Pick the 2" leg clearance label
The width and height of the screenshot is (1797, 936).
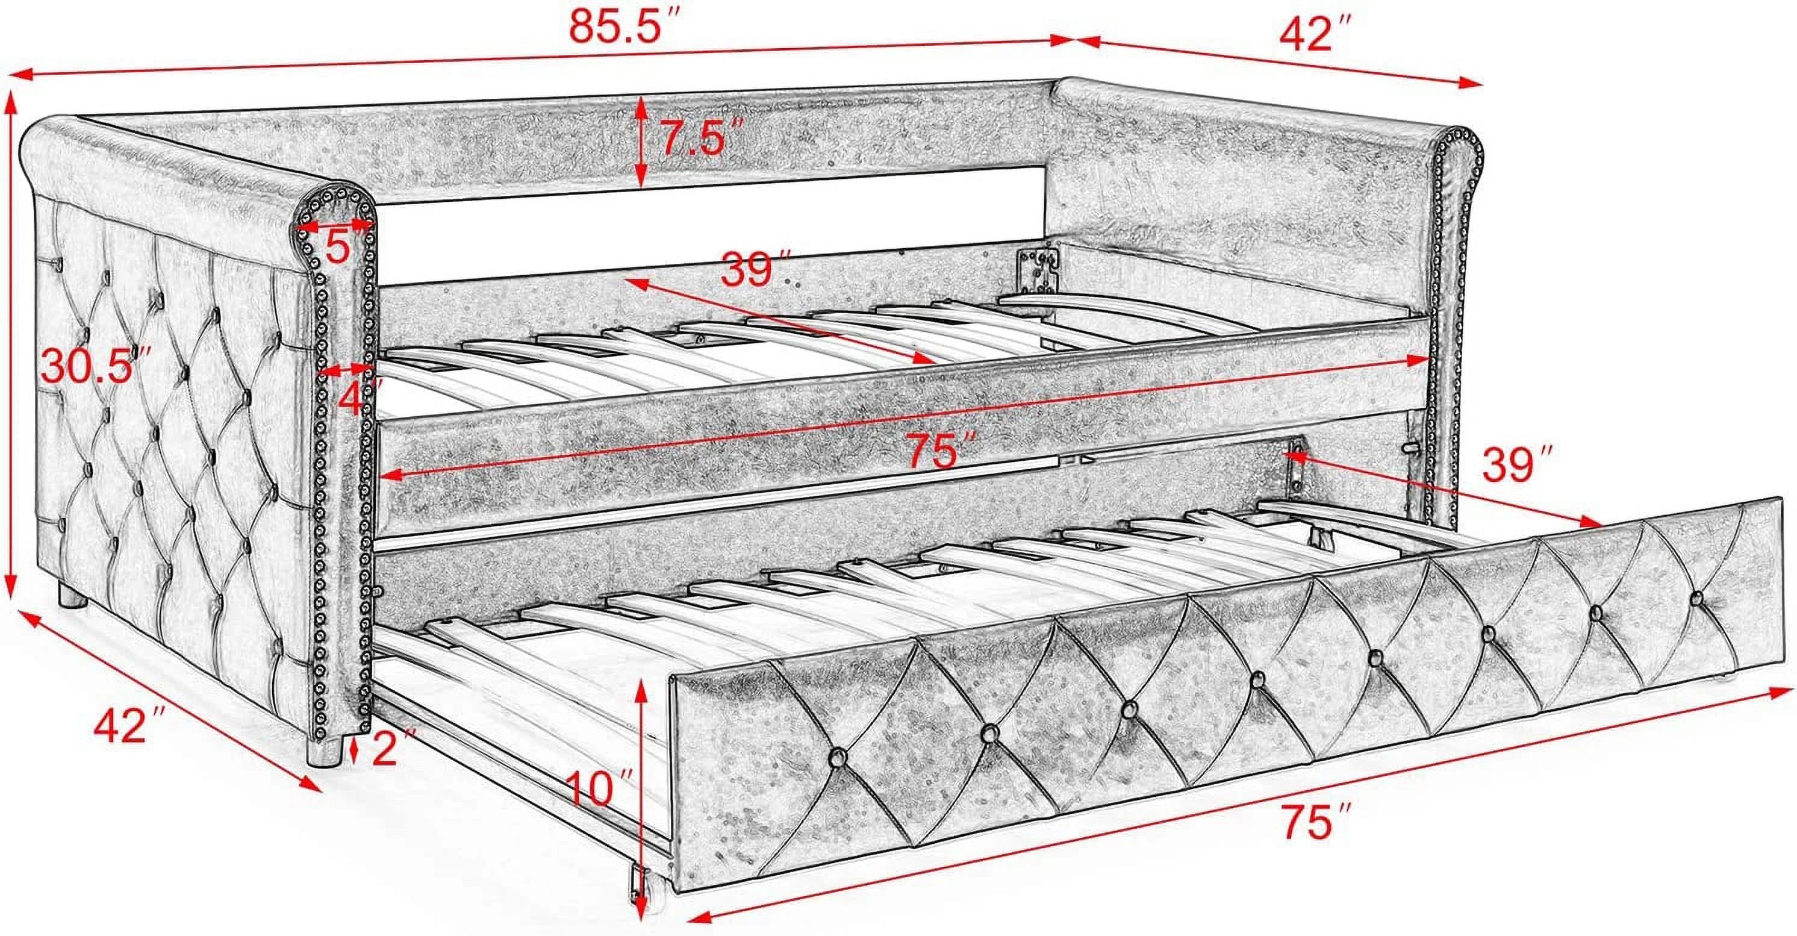pyautogui.click(x=392, y=749)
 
